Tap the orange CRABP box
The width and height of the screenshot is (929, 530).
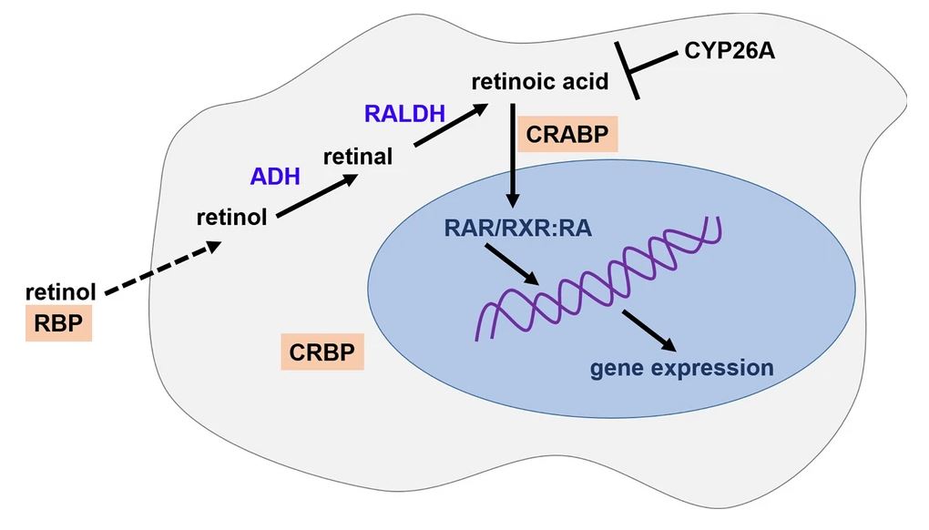click(567, 133)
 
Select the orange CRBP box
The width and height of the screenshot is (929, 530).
click(322, 352)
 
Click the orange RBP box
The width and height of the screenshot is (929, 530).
click(58, 323)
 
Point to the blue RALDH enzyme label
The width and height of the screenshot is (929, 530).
click(404, 114)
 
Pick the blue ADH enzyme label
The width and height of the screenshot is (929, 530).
click(275, 176)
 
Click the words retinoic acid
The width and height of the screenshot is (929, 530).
click(540, 82)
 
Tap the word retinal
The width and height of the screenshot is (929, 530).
click(358, 156)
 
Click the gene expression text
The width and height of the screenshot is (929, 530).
click(682, 368)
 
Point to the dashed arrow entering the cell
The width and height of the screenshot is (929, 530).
click(162, 269)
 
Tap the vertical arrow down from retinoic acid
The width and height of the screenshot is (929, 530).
click(514, 155)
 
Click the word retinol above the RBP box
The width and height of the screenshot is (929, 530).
click(60, 292)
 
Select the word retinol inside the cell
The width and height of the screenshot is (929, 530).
click(232, 218)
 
